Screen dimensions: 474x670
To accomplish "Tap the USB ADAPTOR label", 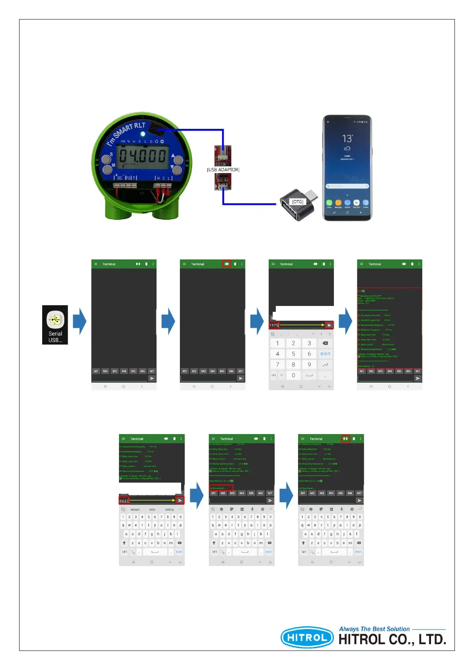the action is point(223,170).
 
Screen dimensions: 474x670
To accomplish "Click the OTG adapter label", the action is point(297,202).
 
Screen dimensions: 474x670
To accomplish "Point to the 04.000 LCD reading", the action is point(142,155).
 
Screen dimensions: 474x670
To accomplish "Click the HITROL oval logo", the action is point(307,638).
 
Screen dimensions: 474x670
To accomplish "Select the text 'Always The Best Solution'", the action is point(374,629).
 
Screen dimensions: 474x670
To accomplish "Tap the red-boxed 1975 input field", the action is point(274,325).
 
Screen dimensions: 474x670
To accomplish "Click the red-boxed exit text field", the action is point(124,501).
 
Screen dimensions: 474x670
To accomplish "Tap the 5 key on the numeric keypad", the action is point(293,354).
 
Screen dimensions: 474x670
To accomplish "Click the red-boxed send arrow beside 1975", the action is point(329,325).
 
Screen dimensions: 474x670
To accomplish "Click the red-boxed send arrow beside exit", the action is point(180,501).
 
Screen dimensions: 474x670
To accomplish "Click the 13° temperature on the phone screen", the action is point(347,138).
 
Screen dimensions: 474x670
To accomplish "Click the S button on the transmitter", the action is point(106,160).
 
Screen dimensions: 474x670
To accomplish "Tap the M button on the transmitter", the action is point(108,170).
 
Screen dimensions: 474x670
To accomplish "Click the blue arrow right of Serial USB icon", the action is point(80,321).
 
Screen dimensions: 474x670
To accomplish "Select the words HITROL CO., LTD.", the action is point(392,640).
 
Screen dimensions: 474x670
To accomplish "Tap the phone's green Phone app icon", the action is point(329,203).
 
